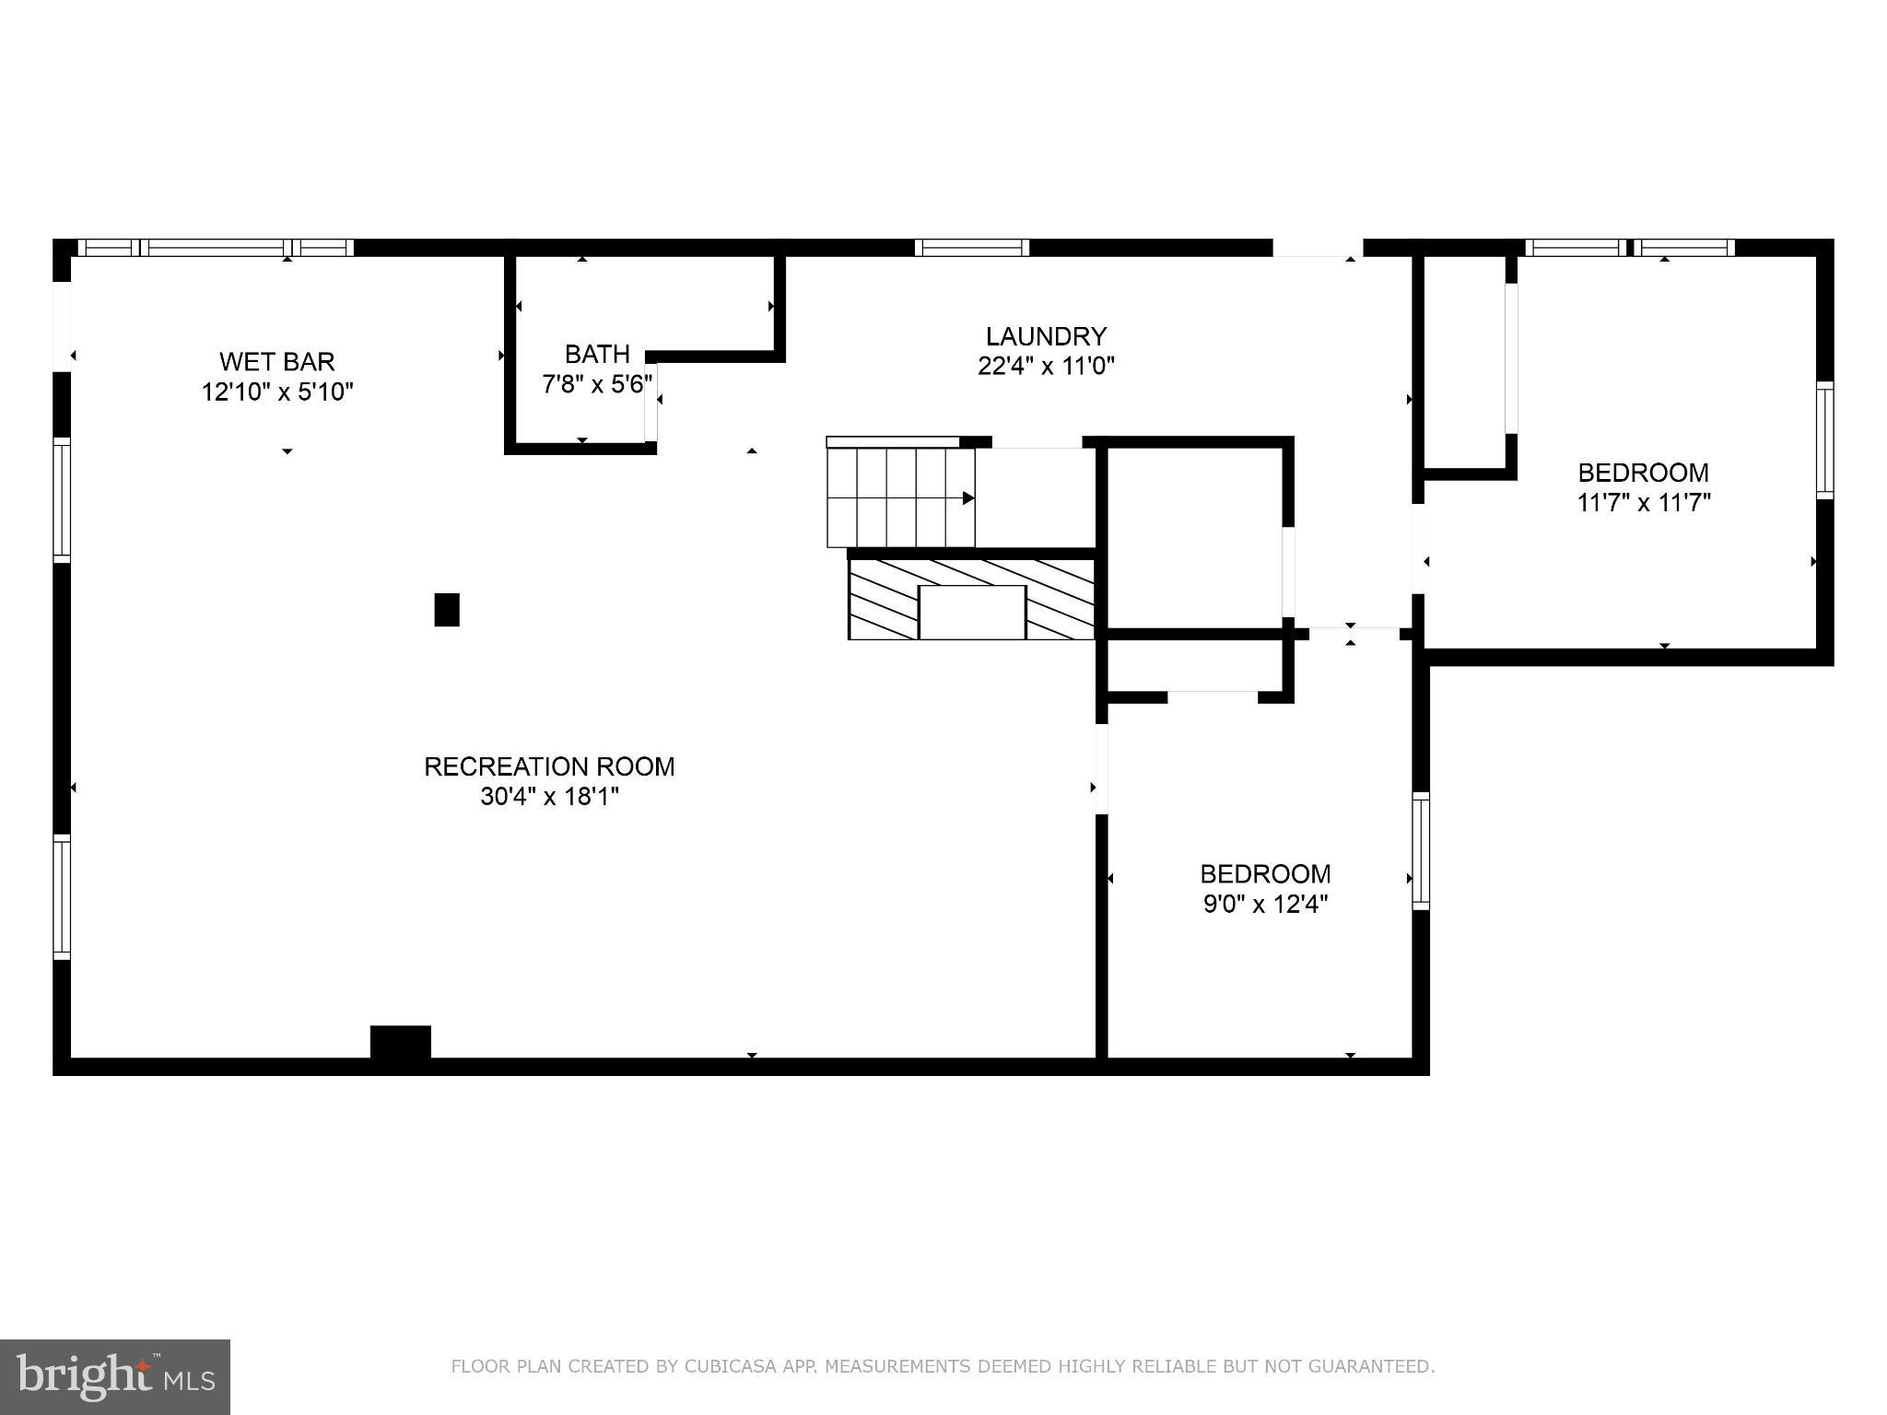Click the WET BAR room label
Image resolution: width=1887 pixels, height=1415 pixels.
pyautogui.click(x=276, y=361)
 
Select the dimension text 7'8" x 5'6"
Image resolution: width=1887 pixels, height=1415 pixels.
pyautogui.click(x=597, y=384)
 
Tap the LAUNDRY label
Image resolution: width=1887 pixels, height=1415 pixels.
pyautogui.click(x=1045, y=336)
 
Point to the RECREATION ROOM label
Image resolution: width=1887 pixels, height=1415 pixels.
pyautogui.click(x=549, y=766)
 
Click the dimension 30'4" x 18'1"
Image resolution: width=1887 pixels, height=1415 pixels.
pyautogui.click(x=549, y=797)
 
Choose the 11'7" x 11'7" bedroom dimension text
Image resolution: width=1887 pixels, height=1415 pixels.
pyautogui.click(x=1643, y=503)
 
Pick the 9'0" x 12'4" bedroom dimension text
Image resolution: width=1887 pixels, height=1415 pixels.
pyautogui.click(x=1265, y=904)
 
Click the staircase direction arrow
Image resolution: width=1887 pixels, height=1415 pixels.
pyautogui.click(x=967, y=498)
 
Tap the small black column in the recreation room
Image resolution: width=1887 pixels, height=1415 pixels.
pyautogui.click(x=447, y=610)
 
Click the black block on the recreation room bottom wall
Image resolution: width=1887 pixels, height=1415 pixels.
pyautogui.click(x=400, y=1043)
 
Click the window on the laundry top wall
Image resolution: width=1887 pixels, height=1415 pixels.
pyautogui.click(x=971, y=248)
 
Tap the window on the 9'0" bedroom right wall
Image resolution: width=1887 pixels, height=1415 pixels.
pyautogui.click(x=1421, y=850)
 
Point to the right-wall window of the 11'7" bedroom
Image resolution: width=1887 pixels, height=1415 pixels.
pyautogui.click(x=1824, y=440)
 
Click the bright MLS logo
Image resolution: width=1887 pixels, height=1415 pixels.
pyautogui.click(x=115, y=1376)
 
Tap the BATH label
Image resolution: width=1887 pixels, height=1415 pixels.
pyautogui.click(x=597, y=354)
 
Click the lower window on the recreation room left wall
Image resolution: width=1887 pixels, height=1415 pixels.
pyautogui.click(x=62, y=896)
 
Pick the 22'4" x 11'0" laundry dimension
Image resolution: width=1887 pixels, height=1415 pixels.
pyautogui.click(x=1045, y=367)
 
